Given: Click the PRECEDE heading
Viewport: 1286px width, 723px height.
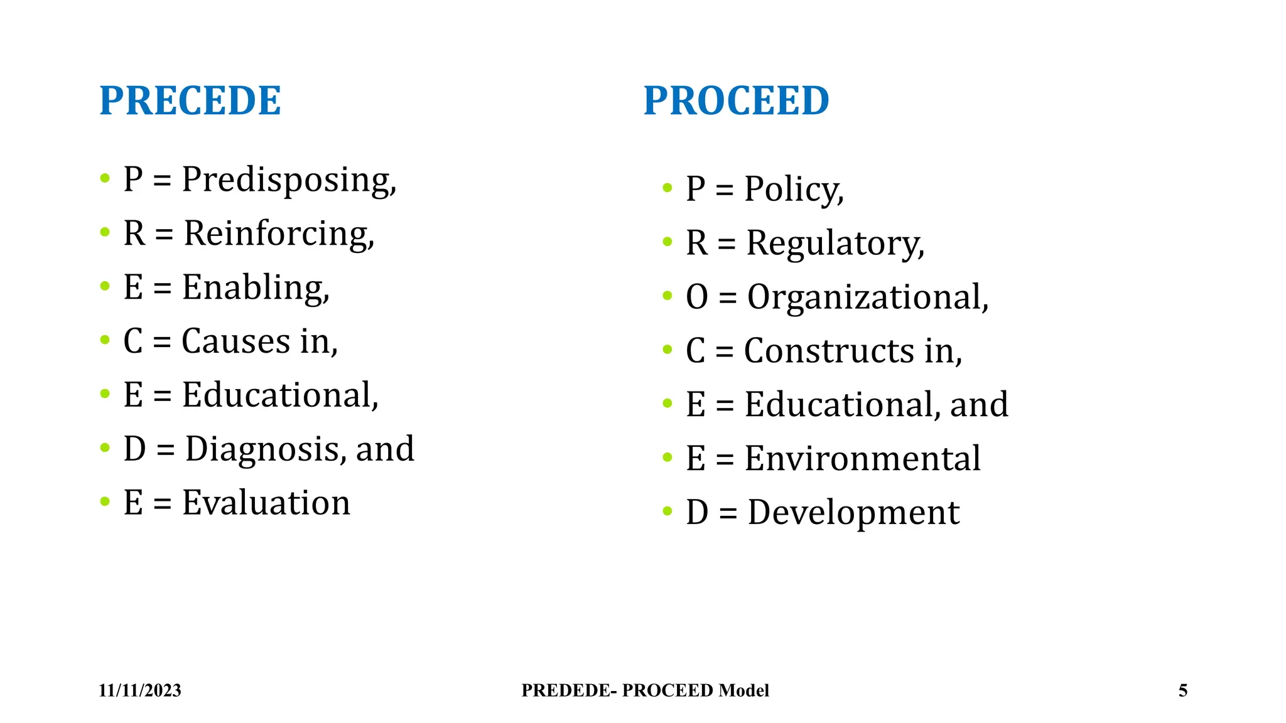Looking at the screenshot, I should point(190,100).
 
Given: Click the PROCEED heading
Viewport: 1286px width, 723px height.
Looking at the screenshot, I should point(736,100).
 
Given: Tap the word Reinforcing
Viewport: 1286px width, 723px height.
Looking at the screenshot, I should point(278,234).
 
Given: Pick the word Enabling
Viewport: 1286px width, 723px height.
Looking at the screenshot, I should point(254,288).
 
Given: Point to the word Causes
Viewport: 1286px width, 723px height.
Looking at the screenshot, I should point(236,341).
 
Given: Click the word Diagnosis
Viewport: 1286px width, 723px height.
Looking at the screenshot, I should point(265,449).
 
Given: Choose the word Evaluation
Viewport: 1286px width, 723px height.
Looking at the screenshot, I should point(266,503).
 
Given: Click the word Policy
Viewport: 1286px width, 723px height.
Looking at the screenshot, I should point(793,190).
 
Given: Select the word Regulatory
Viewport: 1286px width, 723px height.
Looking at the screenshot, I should point(835,244).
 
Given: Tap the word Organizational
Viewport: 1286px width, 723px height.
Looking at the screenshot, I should point(867,297).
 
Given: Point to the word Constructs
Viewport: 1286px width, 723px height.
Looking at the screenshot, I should point(829,351).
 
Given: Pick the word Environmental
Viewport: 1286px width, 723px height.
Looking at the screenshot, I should point(862,458).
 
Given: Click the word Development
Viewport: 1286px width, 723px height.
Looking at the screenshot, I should point(853,513).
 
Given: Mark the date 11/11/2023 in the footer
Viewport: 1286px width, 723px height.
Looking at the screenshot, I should point(139,690).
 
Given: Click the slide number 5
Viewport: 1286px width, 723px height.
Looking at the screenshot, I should point(1183,690).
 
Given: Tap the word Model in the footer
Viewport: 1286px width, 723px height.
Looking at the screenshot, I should point(743,690).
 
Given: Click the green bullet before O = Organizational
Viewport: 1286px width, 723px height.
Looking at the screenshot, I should point(667,296).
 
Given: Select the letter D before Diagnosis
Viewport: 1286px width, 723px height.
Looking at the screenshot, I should point(134,449).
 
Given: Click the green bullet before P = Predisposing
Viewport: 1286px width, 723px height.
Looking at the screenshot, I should point(105,178).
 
